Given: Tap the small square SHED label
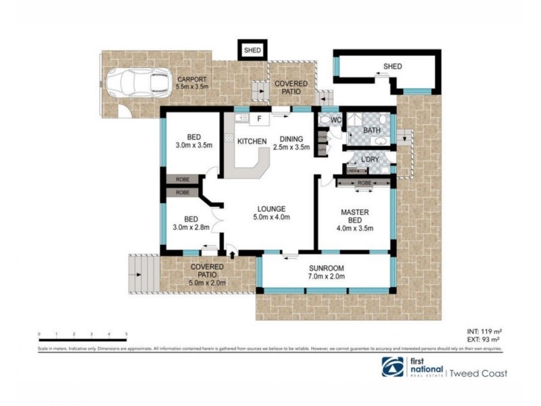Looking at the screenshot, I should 252,49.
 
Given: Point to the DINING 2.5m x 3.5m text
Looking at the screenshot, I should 291,143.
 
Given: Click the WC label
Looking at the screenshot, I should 335,120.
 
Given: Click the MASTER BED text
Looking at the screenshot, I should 354,215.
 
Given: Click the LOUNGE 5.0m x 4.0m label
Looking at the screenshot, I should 272,212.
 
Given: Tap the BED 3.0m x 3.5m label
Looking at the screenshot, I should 194,140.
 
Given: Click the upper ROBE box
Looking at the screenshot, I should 183,179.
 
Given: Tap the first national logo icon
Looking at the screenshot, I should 390,366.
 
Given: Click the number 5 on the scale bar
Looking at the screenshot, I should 126,334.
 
